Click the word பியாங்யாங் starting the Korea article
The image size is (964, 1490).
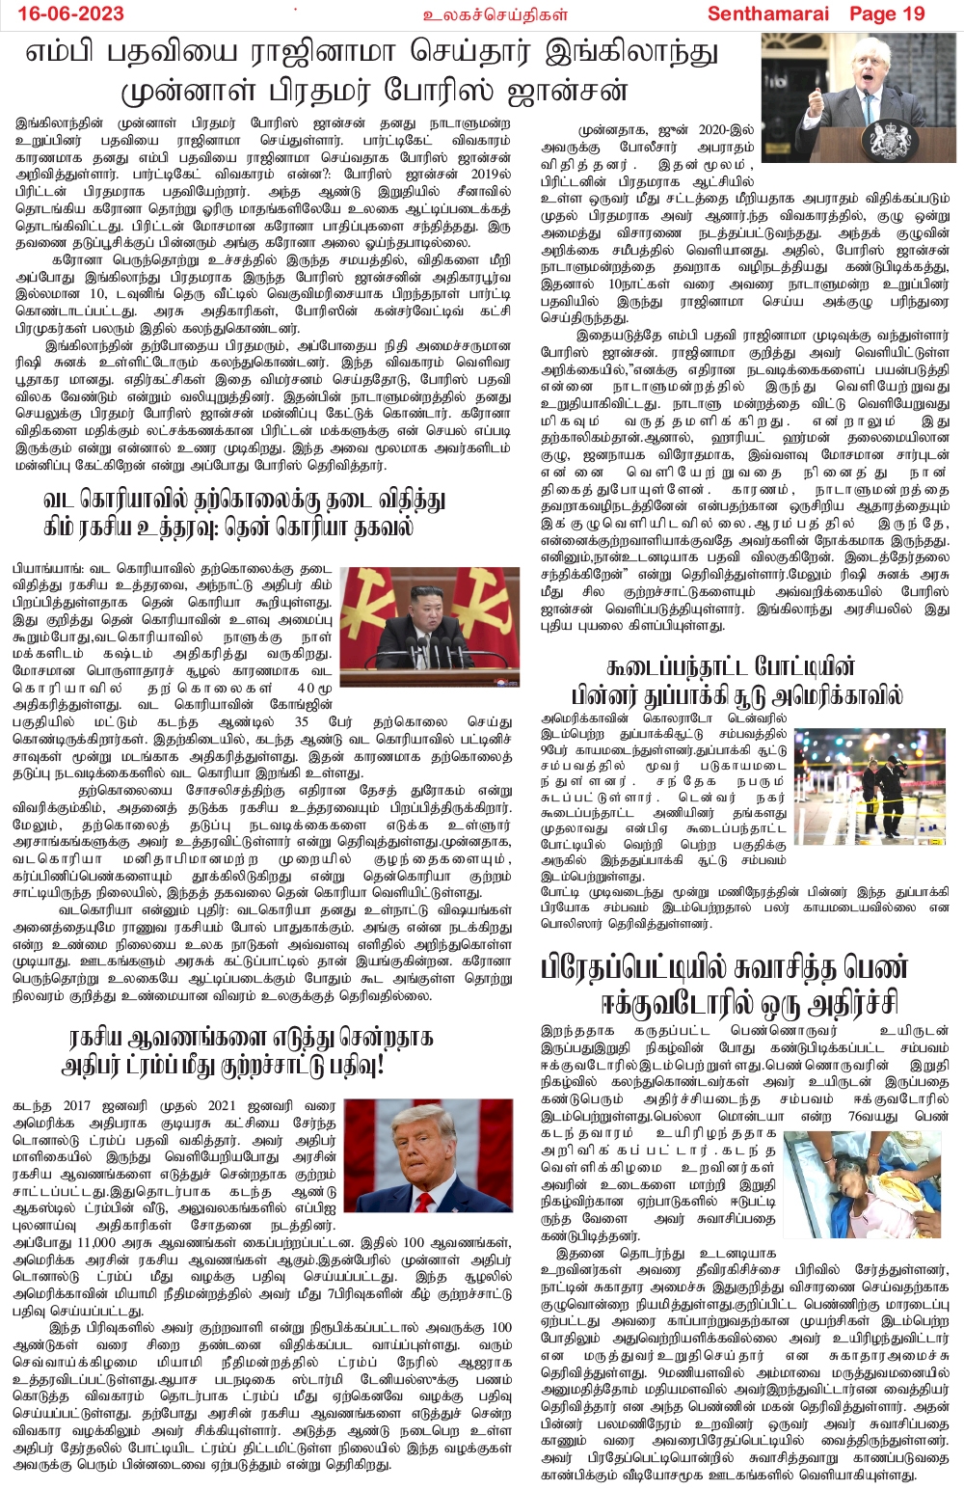pos(45,568)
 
